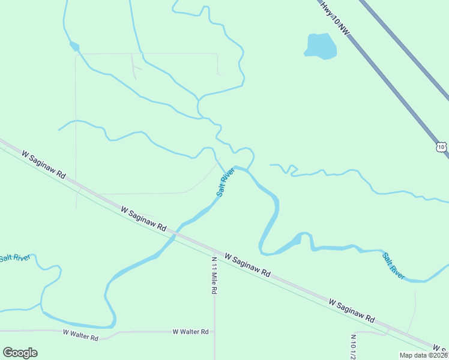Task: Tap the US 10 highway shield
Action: point(441,146)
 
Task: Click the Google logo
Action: point(20,353)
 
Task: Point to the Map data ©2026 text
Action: point(423,355)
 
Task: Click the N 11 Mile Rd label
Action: point(214,275)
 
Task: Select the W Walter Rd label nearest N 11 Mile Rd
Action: point(190,331)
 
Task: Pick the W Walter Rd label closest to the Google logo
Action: point(80,335)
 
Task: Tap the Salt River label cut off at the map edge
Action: point(14,258)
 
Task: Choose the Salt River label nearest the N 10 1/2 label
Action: point(394,265)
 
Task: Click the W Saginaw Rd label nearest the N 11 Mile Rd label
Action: point(247,265)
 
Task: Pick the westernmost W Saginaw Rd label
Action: point(43,164)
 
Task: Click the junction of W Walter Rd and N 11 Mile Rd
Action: point(214,331)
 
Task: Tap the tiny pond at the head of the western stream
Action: point(74,46)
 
